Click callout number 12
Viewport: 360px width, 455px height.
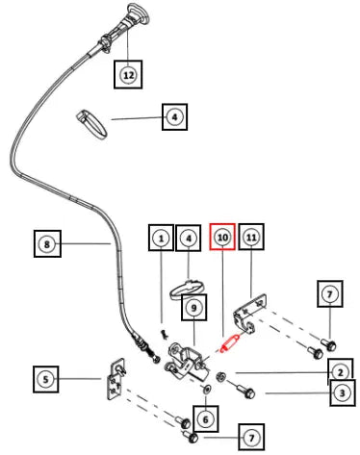click(128, 75)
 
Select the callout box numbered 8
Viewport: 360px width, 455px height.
click(47, 244)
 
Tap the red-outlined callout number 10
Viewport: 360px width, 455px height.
click(222, 237)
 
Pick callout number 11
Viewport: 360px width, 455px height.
click(251, 237)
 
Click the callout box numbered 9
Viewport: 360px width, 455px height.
click(193, 308)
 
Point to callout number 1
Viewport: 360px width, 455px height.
click(161, 238)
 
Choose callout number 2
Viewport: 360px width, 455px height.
click(340, 372)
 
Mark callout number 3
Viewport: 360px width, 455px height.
click(343, 392)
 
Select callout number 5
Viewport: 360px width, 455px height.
click(45, 379)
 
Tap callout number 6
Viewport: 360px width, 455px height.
click(206, 418)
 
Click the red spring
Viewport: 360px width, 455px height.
click(230, 342)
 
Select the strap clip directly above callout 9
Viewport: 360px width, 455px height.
click(188, 290)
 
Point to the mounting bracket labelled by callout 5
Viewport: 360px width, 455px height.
click(116, 379)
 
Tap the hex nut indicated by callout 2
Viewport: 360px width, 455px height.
click(220, 376)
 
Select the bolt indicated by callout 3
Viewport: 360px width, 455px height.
click(245, 391)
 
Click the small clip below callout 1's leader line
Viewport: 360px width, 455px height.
click(165, 334)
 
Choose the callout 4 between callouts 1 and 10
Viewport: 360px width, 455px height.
click(189, 238)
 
